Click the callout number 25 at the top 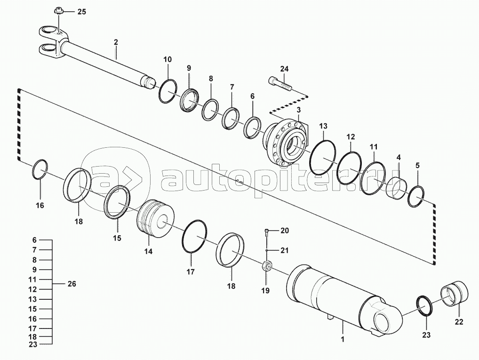[x=81, y=12]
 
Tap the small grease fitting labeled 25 [x=57, y=12]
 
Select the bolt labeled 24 [x=280, y=83]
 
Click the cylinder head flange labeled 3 [x=285, y=142]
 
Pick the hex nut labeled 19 [x=266, y=266]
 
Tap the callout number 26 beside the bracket [x=72, y=284]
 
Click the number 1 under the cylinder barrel [x=343, y=339]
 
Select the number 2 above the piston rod [x=116, y=42]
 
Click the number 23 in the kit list [x=32, y=344]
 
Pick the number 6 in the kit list [x=34, y=240]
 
